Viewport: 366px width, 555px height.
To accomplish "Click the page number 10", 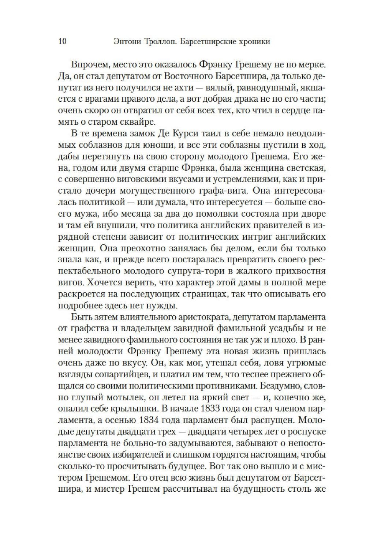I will (x=62, y=41).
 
